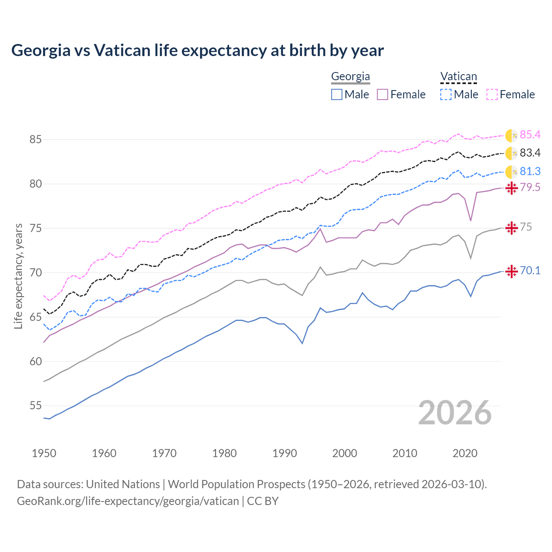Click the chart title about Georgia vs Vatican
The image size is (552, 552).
tap(198, 50)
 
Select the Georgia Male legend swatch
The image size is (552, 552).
tap(337, 94)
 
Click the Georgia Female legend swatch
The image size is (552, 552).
tap(383, 94)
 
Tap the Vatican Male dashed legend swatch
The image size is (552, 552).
tap(446, 94)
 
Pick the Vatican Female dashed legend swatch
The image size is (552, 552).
tap(492, 94)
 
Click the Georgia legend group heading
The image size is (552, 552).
tap(350, 77)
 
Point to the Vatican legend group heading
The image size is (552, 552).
tap(458, 77)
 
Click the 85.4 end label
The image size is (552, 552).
tap(530, 135)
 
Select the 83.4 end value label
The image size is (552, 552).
tap(530, 153)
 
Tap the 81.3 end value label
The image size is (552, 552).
tap(530, 172)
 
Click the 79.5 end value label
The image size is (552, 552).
tap(530, 188)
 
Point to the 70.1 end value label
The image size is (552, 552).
tap(530, 271)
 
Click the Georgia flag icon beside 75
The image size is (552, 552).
tap(511, 228)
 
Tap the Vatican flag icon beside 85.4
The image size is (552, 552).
tap(511, 135)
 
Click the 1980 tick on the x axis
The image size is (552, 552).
tap(224, 453)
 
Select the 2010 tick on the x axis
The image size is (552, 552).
tap(405, 453)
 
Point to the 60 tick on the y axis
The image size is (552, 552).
tap(35, 361)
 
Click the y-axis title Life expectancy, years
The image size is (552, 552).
tap(19, 276)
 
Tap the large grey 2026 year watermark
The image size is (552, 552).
tap(455, 413)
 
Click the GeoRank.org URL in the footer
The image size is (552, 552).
tap(128, 501)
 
